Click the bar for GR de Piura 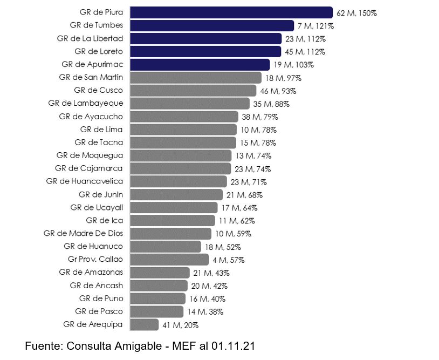tap(231, 12)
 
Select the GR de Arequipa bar tap(145, 324)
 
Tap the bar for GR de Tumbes tap(212, 25)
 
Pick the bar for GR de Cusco tap(193, 91)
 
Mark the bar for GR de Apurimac tap(200, 65)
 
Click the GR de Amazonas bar tap(160, 273)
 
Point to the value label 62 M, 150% tap(356, 13)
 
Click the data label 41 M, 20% tap(181, 325)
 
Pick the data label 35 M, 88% tap(271, 104)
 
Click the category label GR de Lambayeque tap(85, 103)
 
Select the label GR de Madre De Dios tap(83, 233)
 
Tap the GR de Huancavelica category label tap(84, 181)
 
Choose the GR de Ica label tap(104, 220)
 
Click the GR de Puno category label tap(101, 298)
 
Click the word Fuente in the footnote tap(43, 346)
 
